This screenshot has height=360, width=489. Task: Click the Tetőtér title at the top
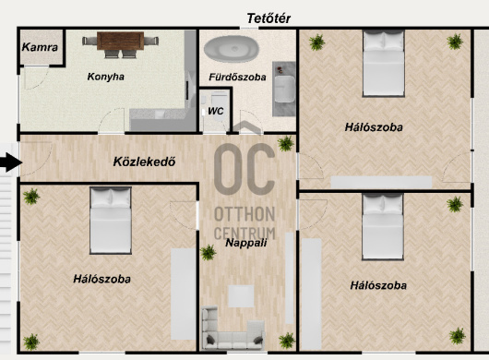[268, 18]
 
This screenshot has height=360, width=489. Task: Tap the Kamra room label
[40, 47]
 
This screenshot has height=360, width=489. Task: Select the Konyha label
[106, 77]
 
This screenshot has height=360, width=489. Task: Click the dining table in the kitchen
[120, 41]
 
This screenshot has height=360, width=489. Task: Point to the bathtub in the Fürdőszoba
[232, 49]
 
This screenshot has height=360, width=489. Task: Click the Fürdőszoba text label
[237, 77]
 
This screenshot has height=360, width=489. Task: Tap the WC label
[216, 111]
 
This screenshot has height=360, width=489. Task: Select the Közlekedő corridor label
[144, 162]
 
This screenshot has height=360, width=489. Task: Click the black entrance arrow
[10, 162]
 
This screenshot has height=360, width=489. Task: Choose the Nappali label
[246, 243]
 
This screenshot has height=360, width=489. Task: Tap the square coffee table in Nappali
[241, 296]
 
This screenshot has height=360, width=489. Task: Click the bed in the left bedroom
[111, 221]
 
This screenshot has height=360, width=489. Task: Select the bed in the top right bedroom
[384, 64]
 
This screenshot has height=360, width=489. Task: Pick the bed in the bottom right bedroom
[383, 226]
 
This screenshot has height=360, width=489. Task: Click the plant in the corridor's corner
[286, 143]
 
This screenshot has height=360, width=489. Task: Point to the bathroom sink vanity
[284, 89]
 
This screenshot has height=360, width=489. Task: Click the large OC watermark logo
[244, 169]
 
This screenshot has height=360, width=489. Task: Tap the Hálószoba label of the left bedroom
[102, 279]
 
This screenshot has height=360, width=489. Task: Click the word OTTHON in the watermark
[244, 214]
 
